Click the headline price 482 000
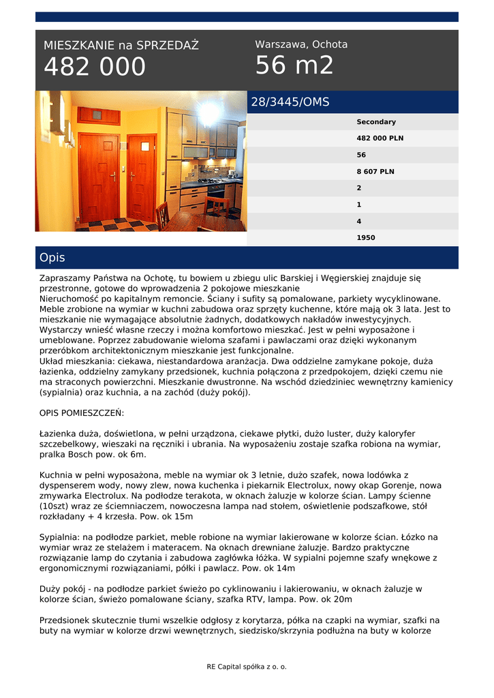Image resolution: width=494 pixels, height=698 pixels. click(x=95, y=67)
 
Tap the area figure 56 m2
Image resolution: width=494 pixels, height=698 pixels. click(x=294, y=65)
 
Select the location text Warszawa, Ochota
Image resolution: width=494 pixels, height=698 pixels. click(x=301, y=44)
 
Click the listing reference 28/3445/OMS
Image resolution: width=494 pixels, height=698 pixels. click(x=290, y=102)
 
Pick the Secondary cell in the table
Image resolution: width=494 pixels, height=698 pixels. click(x=376, y=122)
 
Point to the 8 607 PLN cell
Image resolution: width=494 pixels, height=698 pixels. click(x=375, y=172)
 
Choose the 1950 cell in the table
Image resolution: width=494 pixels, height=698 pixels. click(x=366, y=238)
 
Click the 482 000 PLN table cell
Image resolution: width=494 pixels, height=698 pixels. click(x=380, y=138)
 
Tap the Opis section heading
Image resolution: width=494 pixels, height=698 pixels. click(x=52, y=258)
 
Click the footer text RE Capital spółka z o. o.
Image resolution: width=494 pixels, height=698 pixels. click(x=247, y=667)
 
